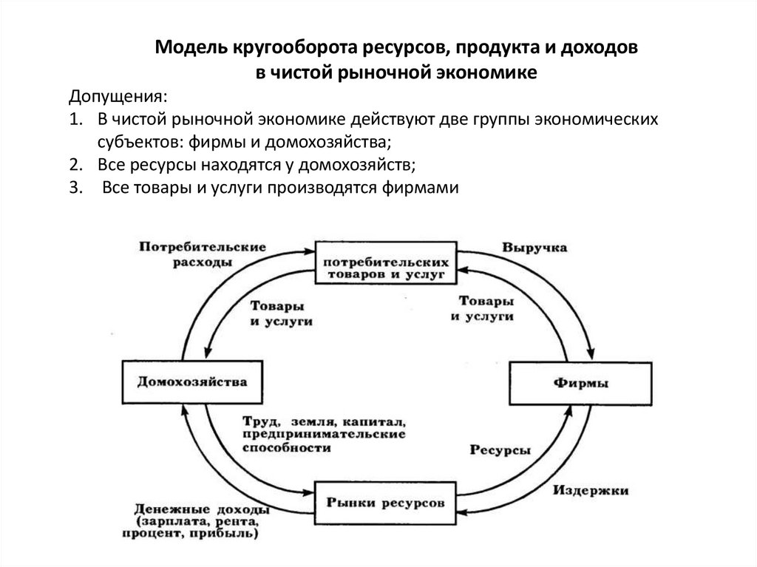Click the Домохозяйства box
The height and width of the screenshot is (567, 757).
(191, 382)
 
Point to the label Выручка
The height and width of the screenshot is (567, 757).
(534, 248)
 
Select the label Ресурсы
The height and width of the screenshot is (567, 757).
(500, 450)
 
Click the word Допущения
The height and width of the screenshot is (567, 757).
(118, 98)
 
